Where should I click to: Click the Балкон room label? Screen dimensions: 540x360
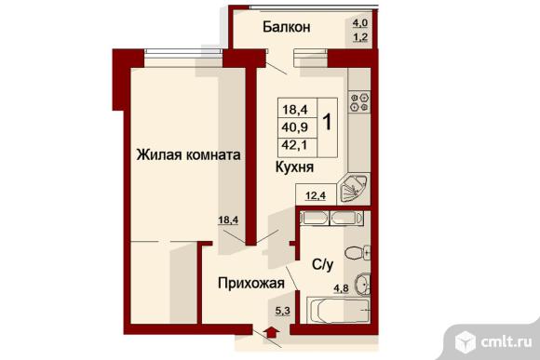(x=286, y=27)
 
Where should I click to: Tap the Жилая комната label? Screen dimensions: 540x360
(x=188, y=154)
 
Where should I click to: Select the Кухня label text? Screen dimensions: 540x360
(x=294, y=167)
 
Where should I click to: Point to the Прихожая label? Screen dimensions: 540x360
(x=251, y=283)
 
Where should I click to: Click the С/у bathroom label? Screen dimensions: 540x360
(x=323, y=264)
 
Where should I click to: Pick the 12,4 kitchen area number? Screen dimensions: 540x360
(x=316, y=196)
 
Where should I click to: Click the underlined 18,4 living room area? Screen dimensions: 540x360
(x=228, y=220)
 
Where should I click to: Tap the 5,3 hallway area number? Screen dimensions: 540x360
(x=282, y=311)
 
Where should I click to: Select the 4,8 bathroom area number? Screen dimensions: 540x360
(x=341, y=288)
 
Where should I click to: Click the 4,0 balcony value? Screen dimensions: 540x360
(x=360, y=23)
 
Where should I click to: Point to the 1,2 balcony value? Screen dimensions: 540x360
(x=360, y=37)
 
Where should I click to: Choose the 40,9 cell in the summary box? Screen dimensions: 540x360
(x=295, y=127)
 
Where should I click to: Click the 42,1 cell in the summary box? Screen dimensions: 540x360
(x=295, y=145)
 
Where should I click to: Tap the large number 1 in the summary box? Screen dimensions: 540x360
(x=327, y=122)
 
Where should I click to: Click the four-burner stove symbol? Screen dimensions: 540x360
(x=360, y=102)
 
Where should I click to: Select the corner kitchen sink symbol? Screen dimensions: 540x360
(x=354, y=189)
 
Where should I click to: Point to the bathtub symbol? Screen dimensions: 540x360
(x=338, y=310)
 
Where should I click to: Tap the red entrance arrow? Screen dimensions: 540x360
(x=271, y=332)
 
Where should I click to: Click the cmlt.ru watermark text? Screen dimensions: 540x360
(x=506, y=342)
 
